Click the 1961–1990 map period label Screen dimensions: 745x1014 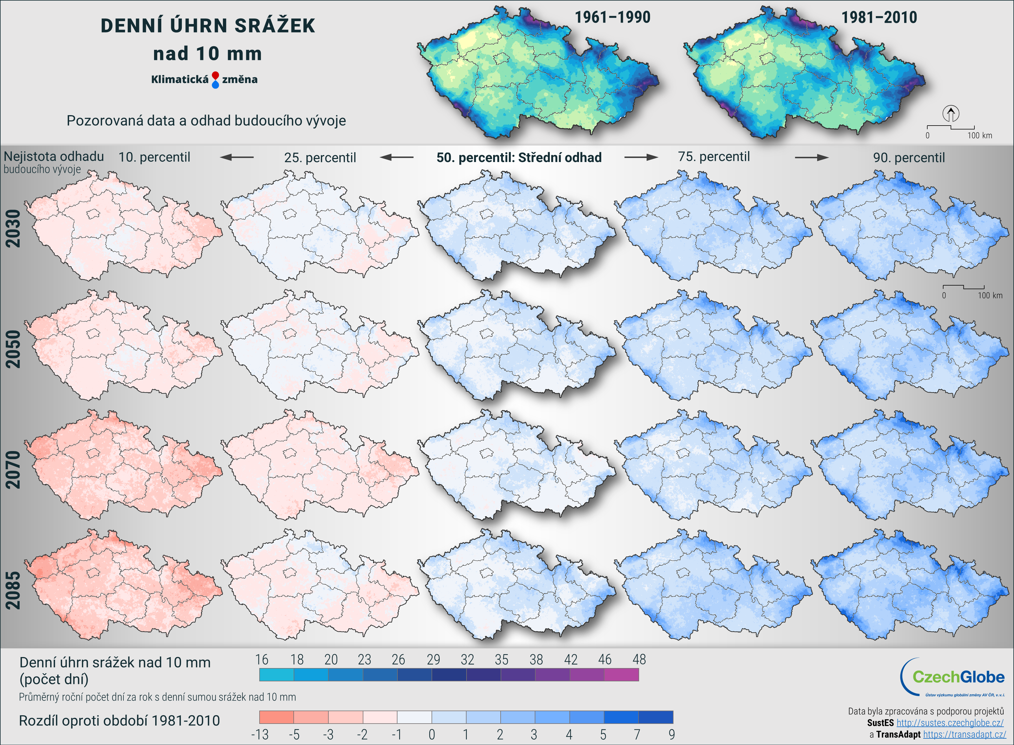[612, 18]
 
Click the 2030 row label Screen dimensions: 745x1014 [13, 228]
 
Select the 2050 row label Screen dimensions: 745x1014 [13, 349]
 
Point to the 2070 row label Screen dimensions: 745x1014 [13, 470]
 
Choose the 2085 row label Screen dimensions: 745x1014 [13, 590]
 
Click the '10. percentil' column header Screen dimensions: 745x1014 [154, 157]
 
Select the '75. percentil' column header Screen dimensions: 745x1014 [714, 157]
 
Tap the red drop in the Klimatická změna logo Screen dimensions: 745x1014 [215, 75]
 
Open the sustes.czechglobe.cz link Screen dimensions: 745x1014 [950, 723]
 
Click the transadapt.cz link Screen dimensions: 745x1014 [964, 735]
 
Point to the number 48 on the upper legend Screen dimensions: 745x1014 [639, 660]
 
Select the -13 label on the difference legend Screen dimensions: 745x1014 [260, 735]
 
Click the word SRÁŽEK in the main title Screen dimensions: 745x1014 [275, 26]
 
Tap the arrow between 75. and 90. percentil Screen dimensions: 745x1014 [811, 157]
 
